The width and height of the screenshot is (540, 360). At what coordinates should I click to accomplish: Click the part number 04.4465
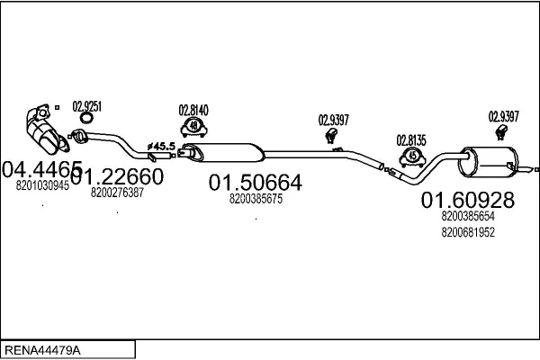(41, 168)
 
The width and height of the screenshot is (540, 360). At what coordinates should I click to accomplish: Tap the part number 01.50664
(256, 183)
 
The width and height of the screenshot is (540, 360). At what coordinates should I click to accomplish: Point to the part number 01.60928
(468, 200)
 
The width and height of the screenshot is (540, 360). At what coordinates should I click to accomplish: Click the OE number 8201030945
(41, 185)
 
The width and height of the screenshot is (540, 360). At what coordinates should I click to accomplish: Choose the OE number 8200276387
(117, 193)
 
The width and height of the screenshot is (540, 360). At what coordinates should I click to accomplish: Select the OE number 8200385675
(256, 199)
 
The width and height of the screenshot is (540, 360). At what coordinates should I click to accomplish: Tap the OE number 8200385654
(468, 216)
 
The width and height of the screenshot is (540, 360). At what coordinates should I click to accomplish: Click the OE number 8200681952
(468, 232)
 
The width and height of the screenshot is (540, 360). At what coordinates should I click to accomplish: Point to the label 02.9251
(86, 105)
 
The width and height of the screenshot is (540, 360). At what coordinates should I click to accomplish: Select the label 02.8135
(412, 139)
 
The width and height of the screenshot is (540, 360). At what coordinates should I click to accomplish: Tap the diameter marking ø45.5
(162, 145)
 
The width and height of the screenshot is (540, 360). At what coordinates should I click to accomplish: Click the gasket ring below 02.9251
(86, 119)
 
